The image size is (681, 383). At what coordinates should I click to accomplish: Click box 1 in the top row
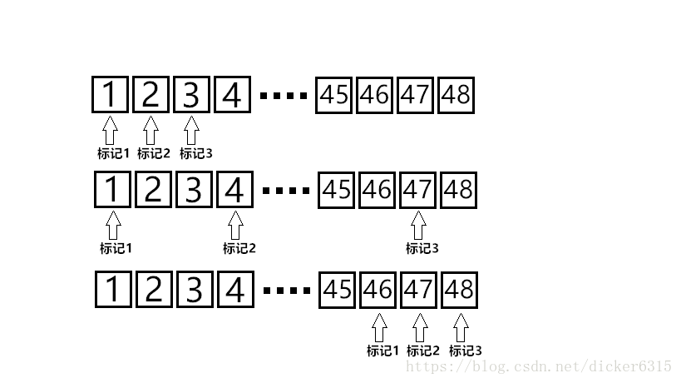[111, 95]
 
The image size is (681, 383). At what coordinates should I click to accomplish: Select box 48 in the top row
[456, 95]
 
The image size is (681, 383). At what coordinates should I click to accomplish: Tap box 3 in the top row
[192, 95]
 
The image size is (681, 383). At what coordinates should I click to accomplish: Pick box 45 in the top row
[334, 95]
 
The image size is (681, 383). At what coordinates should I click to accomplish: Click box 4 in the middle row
[235, 191]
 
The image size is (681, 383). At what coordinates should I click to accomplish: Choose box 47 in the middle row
[417, 191]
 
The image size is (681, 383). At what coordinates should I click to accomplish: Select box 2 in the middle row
[153, 191]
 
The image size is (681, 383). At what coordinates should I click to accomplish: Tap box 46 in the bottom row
[378, 290]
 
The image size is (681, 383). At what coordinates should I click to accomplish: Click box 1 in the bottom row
[113, 290]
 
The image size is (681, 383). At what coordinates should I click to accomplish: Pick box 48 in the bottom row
[460, 290]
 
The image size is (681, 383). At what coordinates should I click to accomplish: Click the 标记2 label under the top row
[153, 153]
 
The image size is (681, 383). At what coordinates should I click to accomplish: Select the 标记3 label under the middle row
[422, 248]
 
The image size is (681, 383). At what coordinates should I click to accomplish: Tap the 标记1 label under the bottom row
[383, 351]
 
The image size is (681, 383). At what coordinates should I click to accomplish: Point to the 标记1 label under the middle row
[116, 248]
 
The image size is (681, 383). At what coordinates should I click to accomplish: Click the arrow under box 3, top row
[191, 130]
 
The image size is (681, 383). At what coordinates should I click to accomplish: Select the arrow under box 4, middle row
[235, 226]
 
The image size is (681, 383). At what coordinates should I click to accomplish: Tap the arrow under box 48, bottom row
[461, 326]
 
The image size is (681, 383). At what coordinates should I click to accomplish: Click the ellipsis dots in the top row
[284, 96]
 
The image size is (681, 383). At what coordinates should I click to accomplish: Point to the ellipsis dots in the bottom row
[287, 291]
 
